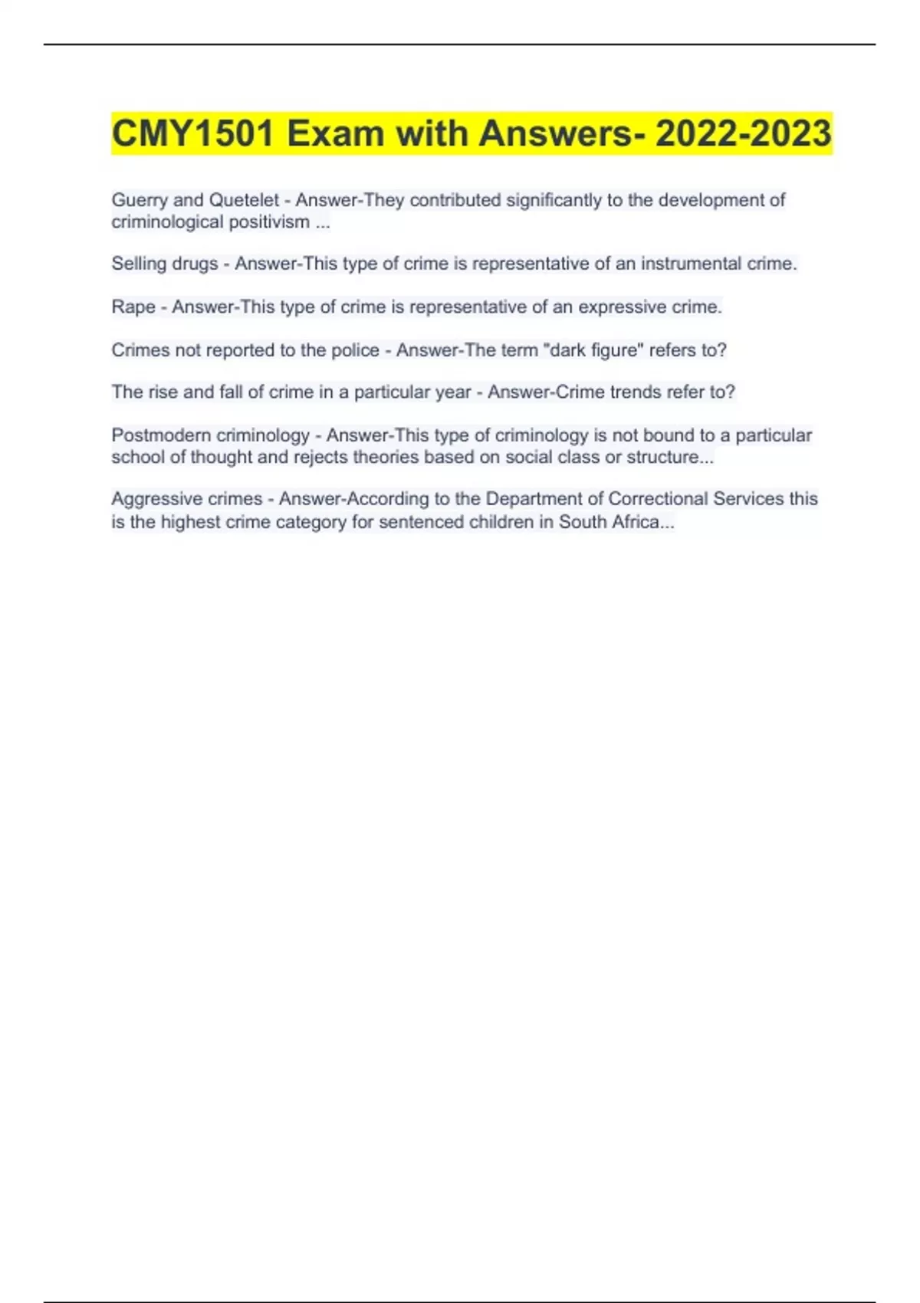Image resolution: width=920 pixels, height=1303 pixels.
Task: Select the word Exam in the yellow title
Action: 335,134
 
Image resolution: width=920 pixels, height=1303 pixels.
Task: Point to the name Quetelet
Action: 244,201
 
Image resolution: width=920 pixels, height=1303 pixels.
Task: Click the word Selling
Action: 139,264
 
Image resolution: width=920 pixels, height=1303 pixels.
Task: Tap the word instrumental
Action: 692,264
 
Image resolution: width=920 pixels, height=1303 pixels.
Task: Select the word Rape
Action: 133,307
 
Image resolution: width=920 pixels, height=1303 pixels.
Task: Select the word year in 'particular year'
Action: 453,392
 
